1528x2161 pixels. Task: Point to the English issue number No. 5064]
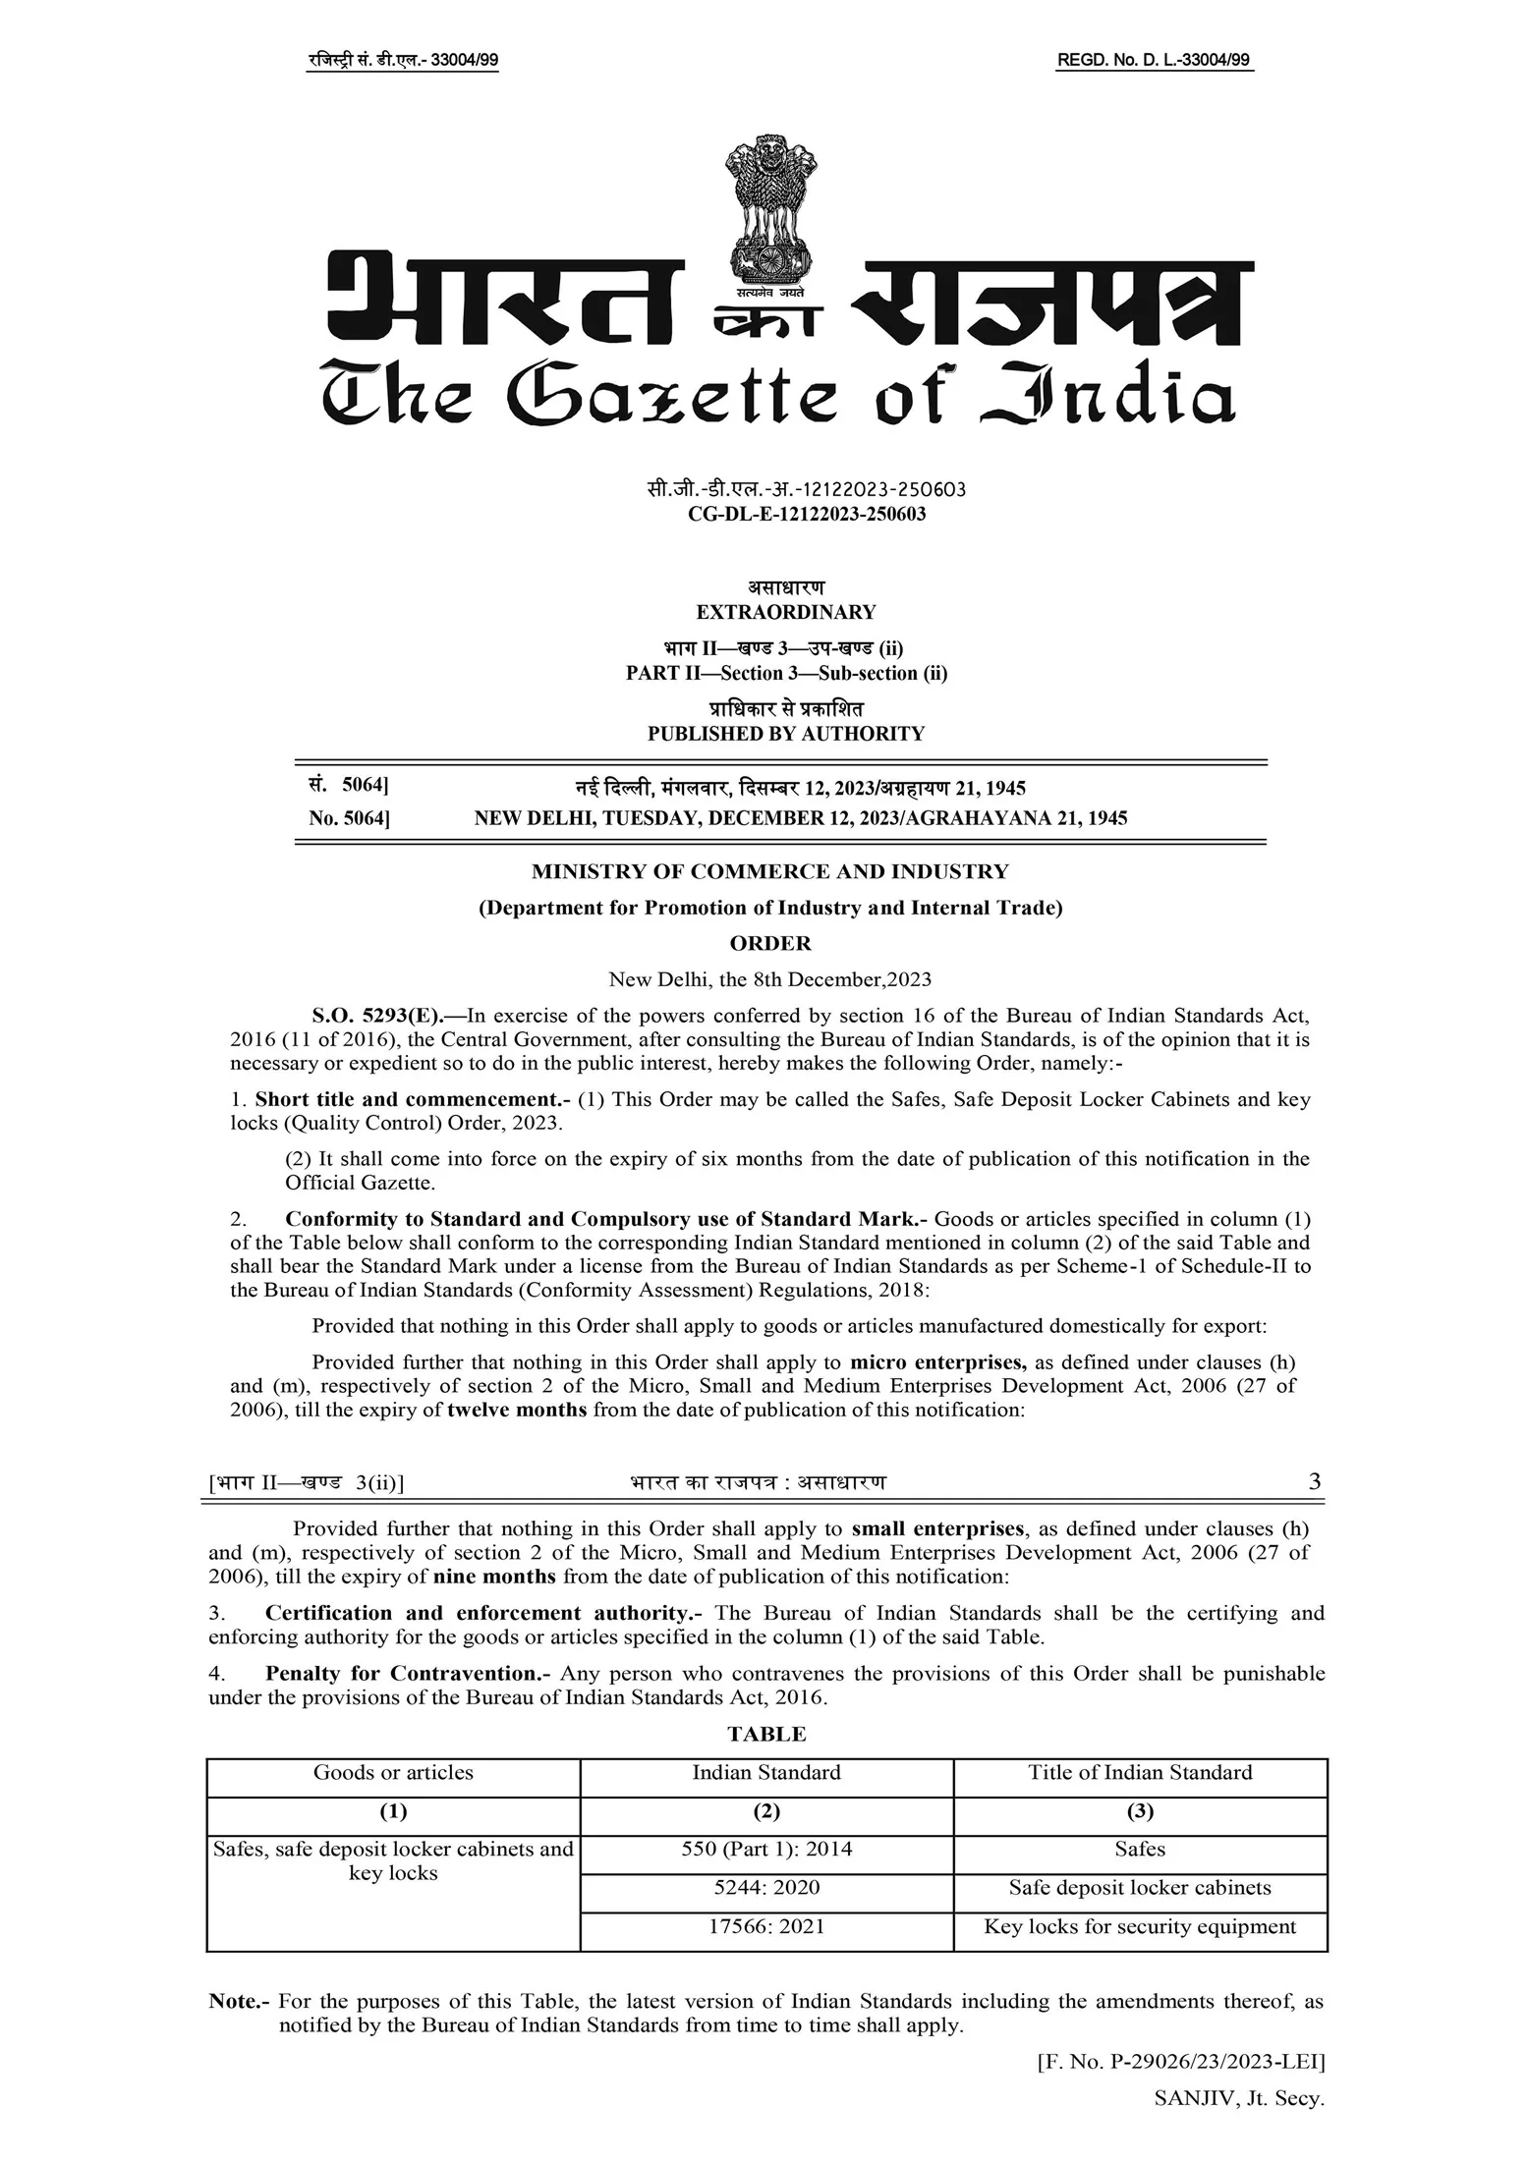pos(349,818)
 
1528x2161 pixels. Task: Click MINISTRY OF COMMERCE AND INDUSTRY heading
pos(769,871)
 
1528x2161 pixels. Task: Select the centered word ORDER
pos(770,944)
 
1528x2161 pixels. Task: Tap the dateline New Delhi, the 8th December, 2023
pos(769,979)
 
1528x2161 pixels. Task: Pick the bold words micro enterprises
pos(938,1362)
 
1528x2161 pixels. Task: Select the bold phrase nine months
pos(494,1577)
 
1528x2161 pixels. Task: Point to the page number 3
pos(1315,1482)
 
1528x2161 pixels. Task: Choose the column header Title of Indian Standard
pos(1140,1772)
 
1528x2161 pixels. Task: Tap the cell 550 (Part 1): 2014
pos(766,1849)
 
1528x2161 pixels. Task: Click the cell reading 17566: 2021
pos(766,1926)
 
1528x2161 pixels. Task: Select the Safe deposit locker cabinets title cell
pos(1140,1888)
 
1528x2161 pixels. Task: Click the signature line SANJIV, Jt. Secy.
pos(1239,2098)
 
